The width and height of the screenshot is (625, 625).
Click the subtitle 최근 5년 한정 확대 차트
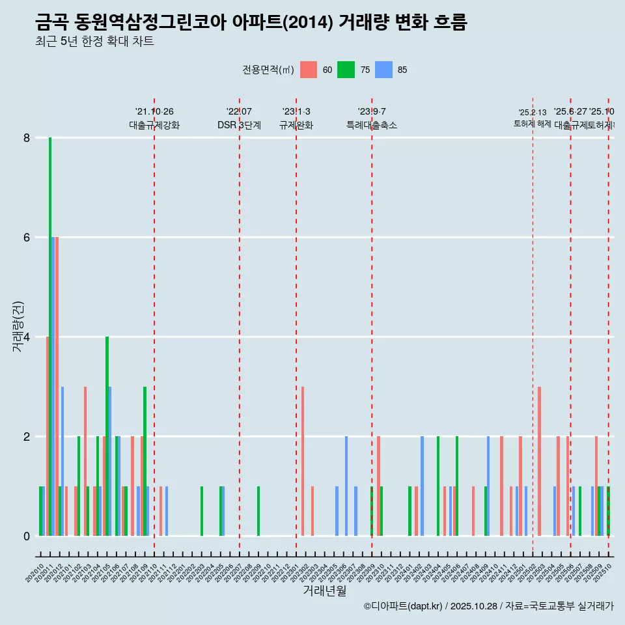tap(94, 42)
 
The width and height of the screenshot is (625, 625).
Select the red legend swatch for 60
tap(309, 70)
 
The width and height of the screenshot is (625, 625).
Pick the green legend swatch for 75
tap(346, 70)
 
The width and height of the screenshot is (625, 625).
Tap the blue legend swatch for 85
tap(383, 70)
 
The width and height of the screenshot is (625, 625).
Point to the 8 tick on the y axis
tap(27, 138)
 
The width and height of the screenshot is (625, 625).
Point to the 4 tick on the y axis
tap(27, 337)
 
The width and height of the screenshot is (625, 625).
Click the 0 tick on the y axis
tap(27, 536)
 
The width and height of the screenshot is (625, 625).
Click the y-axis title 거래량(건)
tap(18, 326)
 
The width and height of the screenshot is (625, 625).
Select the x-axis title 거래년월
tap(324, 590)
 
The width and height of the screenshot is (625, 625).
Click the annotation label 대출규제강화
tap(154, 125)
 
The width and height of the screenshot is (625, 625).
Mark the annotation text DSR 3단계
tap(240, 125)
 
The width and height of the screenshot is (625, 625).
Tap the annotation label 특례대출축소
tap(372, 125)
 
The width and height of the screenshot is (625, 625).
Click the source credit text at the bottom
tap(488, 606)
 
